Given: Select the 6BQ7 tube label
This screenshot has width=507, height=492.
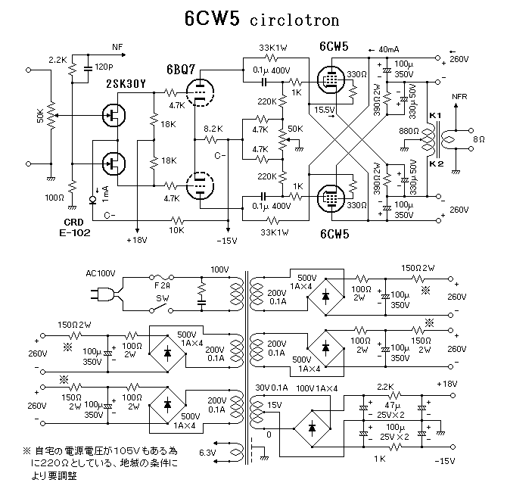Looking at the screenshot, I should click(x=181, y=70).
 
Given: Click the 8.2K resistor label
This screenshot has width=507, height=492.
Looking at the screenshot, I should click(x=213, y=129).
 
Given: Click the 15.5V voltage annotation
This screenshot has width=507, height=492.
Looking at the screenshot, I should click(x=324, y=111).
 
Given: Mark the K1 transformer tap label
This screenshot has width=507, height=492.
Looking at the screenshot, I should click(x=434, y=114).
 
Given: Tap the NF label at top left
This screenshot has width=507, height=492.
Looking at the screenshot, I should click(x=117, y=47).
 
